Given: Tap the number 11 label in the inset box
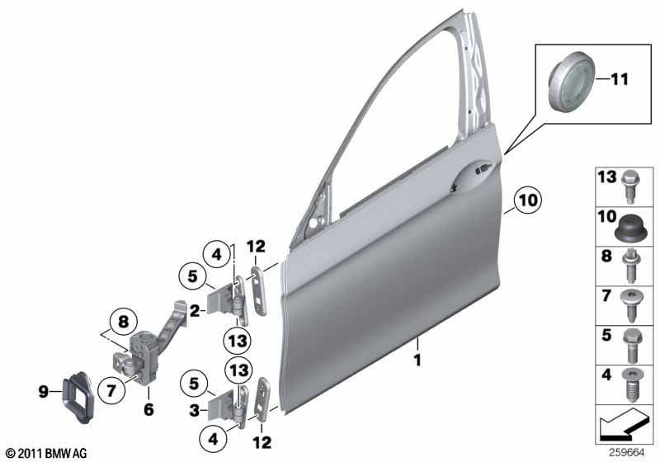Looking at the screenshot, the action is [620, 78].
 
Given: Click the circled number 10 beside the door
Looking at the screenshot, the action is [528, 200].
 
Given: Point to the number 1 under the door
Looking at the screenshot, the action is [417, 361].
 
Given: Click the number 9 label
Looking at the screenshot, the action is [44, 392].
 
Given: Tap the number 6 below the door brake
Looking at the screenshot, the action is [148, 409].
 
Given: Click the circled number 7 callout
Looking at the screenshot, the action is [111, 391].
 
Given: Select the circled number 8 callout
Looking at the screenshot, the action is [123, 323].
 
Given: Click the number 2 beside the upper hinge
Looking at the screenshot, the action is [195, 311].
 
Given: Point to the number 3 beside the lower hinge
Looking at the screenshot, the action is [194, 410].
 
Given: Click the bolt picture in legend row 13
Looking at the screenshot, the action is [630, 186].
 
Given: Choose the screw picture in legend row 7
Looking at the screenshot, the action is [630, 305].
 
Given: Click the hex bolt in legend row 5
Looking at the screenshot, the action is [631, 346].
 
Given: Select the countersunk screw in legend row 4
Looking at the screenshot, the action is [630, 385].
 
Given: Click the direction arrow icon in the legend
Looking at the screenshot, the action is [621, 426].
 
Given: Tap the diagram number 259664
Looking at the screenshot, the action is [627, 453].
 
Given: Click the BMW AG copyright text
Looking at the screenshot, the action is [47, 453].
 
